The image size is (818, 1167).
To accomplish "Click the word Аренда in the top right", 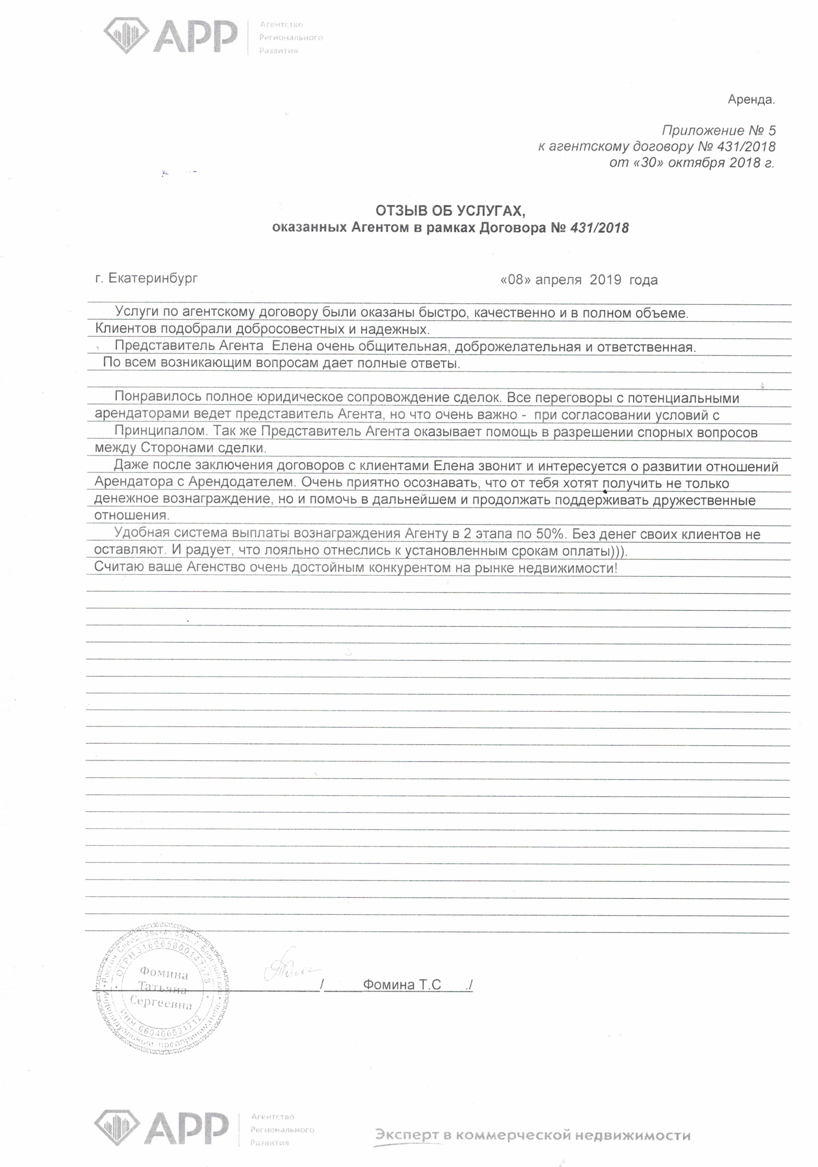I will coord(751,100).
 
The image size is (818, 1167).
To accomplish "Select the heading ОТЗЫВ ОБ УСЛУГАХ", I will coord(450,211).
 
